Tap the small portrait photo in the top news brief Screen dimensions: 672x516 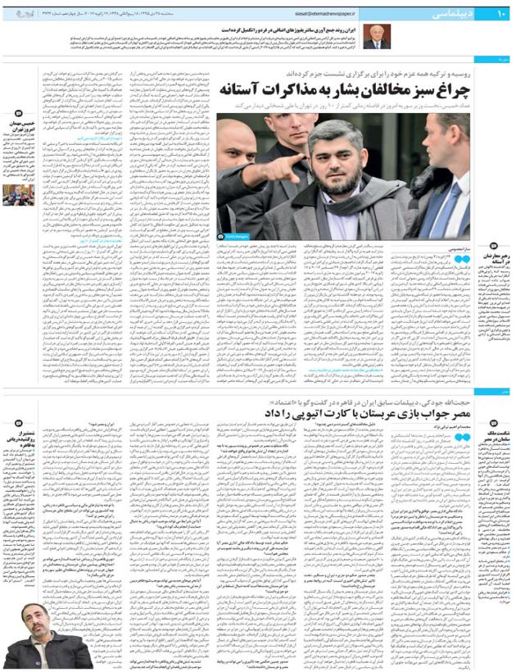point(377,36)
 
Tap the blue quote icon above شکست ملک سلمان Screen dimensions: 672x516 point(494,415)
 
